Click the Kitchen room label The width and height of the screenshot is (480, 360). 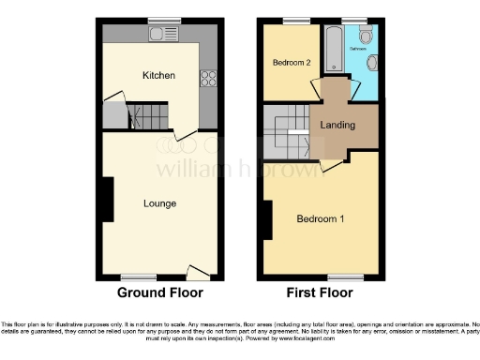[158, 75]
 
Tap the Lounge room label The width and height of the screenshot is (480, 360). [159, 202]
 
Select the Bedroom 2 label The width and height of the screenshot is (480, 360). [292, 63]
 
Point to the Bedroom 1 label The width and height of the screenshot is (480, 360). [321, 219]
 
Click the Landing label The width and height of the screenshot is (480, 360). [337, 125]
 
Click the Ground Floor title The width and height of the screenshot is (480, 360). [159, 292]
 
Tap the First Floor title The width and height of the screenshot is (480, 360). [320, 292]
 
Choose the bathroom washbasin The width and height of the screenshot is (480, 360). [373, 63]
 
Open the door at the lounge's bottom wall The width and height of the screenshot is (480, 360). [199, 273]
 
